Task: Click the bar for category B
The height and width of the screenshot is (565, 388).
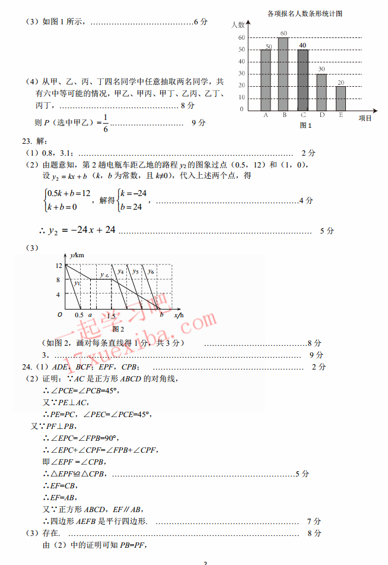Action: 284,74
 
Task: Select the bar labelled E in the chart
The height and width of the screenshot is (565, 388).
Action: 341,99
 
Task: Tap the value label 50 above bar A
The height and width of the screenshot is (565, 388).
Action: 269,46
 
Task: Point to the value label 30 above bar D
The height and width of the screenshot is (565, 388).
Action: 322,70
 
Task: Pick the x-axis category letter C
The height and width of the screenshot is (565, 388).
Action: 303,115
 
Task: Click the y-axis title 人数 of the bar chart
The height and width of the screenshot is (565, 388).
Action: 237,25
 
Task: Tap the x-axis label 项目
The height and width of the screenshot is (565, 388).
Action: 365,118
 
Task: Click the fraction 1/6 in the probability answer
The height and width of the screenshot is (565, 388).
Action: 105,123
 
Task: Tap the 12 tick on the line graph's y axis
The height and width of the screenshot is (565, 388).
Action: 59,265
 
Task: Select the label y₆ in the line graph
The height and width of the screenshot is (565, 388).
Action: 151,272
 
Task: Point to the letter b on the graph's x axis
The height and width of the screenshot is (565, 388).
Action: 161,314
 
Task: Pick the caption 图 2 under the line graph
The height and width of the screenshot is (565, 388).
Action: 118,329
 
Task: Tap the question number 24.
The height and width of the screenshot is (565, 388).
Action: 27,367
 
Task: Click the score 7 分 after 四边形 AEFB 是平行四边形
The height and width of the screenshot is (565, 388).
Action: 314,521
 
